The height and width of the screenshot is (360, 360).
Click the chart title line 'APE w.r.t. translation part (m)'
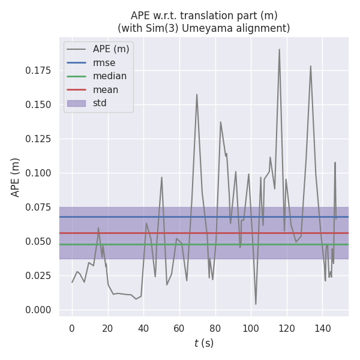[203, 16]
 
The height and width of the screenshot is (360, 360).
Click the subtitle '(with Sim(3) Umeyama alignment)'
[203, 28]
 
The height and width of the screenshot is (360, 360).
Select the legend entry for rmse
[104, 62]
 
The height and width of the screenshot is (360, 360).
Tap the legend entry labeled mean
[106, 90]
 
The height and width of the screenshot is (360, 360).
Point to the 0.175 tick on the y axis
[39, 71]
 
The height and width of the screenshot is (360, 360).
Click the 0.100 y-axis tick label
[39, 173]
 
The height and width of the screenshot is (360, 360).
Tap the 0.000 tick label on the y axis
[39, 310]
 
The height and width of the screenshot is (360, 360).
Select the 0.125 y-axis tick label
[39, 139]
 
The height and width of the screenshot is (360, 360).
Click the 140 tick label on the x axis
[322, 328]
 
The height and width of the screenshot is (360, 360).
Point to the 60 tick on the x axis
[179, 328]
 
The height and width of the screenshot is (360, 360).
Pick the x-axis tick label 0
[72, 328]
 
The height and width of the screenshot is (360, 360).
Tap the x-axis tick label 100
[251, 328]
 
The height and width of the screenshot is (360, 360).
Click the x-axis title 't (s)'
[203, 343]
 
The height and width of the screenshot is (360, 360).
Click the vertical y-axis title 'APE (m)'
[16, 177]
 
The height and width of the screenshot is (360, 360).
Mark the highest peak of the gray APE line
[279, 50]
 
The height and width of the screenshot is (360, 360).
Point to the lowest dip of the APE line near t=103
[256, 304]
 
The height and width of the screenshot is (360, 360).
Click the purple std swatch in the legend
[76, 103]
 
